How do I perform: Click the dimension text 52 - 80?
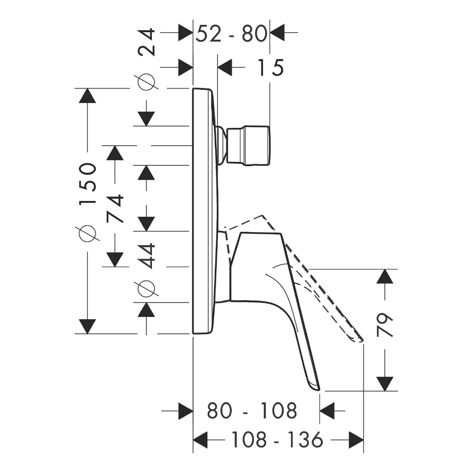click(231, 34)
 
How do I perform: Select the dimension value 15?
click(271, 68)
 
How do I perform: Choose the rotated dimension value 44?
click(147, 256)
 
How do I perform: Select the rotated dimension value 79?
click(385, 325)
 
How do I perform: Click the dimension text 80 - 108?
click(252, 411)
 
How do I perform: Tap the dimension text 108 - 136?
click(277, 440)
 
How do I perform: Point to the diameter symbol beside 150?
click(87, 234)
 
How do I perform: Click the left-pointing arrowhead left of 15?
click(225, 67)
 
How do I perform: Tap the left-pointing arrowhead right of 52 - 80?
click(278, 32)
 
